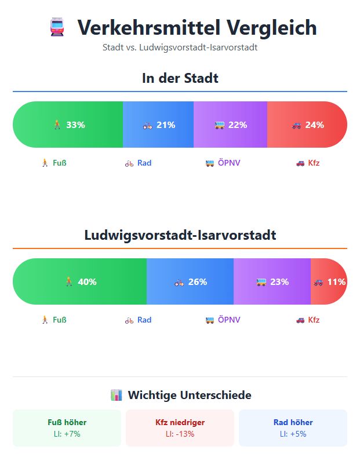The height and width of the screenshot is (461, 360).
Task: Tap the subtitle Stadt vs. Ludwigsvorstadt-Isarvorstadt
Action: click(180, 47)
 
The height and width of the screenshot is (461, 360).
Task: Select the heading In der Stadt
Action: click(180, 78)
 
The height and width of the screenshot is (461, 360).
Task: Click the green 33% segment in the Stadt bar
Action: click(68, 125)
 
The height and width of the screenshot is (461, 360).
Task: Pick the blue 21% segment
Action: click(158, 125)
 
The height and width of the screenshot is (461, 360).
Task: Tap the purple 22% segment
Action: click(230, 125)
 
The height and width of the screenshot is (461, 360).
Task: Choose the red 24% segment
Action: click(307, 125)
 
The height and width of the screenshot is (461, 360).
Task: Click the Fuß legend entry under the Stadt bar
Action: click(53, 163)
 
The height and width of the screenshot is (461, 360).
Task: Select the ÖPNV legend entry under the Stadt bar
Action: click(223, 163)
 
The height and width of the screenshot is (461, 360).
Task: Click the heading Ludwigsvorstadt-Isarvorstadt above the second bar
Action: click(180, 235)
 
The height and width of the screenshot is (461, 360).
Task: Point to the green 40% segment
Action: click(79, 281)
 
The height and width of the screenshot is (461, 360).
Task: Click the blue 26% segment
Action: click(190, 281)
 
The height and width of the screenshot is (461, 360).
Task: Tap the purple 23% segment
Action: click(272, 281)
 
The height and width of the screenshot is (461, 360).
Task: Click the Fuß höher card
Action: click(67, 428)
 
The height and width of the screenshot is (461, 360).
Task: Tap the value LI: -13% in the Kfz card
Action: click(180, 434)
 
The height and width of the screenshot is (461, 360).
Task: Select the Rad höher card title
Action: click(293, 422)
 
